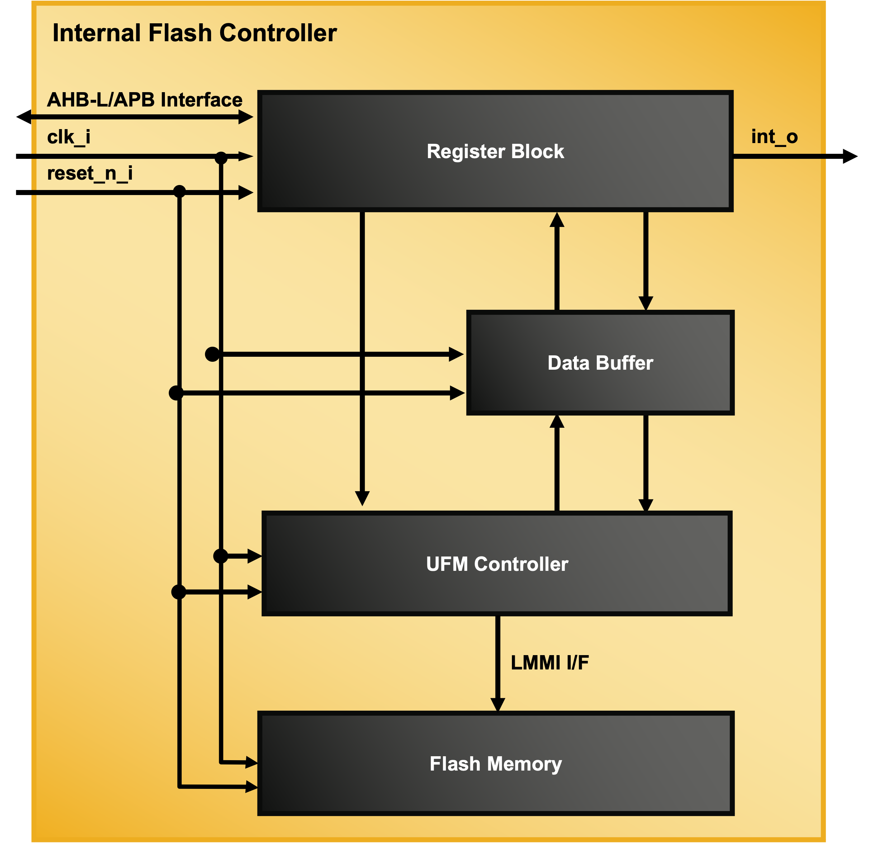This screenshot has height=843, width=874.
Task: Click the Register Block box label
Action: click(x=495, y=151)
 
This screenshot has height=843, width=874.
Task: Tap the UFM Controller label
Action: click(x=497, y=564)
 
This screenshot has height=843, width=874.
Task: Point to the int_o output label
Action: click(x=774, y=137)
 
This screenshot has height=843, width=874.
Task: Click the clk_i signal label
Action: click(x=69, y=137)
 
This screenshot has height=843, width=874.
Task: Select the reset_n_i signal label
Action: click(x=90, y=173)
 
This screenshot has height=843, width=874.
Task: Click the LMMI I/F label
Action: click(x=549, y=662)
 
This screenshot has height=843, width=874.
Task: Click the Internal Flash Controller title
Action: click(x=194, y=33)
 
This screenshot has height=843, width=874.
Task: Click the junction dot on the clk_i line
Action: click(x=221, y=157)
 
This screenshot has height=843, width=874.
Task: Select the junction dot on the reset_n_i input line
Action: click(x=179, y=192)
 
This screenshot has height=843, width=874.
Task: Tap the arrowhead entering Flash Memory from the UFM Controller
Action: click(x=498, y=705)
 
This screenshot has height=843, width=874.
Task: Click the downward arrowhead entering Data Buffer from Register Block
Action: click(x=646, y=303)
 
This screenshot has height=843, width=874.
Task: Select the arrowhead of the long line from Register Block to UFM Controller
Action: click(x=362, y=498)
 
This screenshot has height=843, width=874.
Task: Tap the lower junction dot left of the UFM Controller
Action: click(x=179, y=592)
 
